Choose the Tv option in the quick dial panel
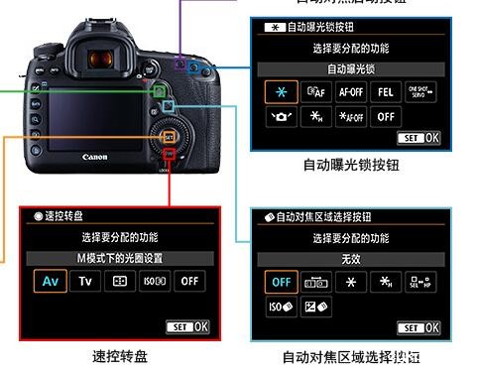[86, 281]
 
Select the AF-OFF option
[351, 91]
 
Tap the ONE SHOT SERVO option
[426, 91]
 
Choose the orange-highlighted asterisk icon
[281, 91]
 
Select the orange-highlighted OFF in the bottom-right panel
[281, 281]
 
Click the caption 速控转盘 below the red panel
[120, 355]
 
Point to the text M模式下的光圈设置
[120, 258]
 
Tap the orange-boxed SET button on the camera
[169, 135]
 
